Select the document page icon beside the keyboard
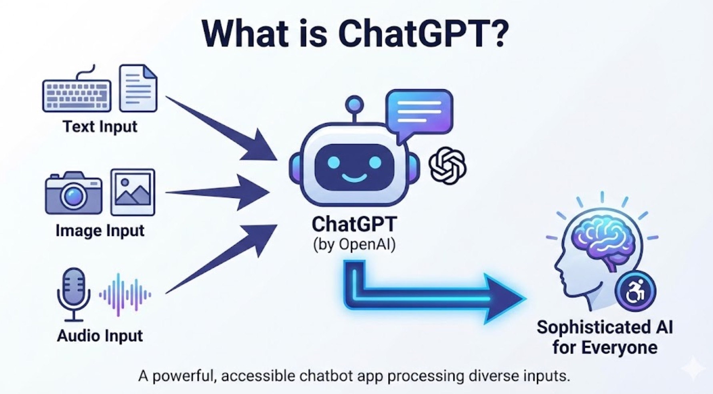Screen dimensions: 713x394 (x=138, y=88)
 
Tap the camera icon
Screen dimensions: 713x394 (x=74, y=193)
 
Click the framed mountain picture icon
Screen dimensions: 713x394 (x=132, y=192)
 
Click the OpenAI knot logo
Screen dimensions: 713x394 (x=448, y=166)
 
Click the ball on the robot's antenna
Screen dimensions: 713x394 (x=354, y=105)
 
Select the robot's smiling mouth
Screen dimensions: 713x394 (x=354, y=177)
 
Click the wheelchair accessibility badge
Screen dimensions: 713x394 (x=635, y=291)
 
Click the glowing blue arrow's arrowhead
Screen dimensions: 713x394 (x=505, y=299)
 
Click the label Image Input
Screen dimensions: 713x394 (x=100, y=231)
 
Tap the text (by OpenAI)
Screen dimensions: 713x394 (x=354, y=244)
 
